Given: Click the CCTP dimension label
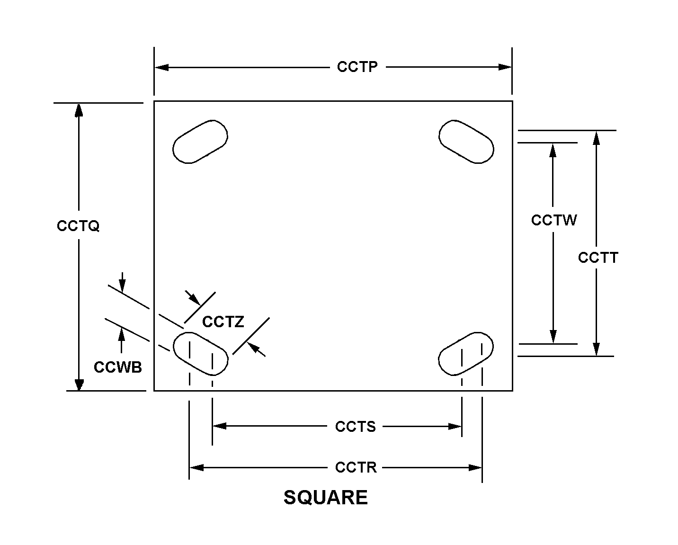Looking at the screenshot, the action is pyautogui.click(x=357, y=67).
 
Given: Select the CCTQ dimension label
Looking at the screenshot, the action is pyautogui.click(x=78, y=226).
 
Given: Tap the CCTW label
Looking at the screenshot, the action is pyautogui.click(x=554, y=220).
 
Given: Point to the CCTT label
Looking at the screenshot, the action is pyautogui.click(x=598, y=258).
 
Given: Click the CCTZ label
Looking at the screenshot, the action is pyautogui.click(x=223, y=322).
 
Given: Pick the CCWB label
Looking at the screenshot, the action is pyautogui.click(x=118, y=367).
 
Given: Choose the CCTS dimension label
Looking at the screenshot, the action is pyautogui.click(x=356, y=427).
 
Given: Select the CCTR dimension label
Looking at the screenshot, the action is pyautogui.click(x=356, y=467).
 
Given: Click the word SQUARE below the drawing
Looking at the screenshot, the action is pyautogui.click(x=326, y=498).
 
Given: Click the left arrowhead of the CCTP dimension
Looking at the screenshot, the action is pyautogui.click(x=161, y=67).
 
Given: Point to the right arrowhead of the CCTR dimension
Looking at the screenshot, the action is pyautogui.click(x=475, y=468).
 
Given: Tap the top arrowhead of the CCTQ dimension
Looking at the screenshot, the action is pyautogui.click(x=79, y=110).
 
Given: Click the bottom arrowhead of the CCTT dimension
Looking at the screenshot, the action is pyautogui.click(x=596, y=349).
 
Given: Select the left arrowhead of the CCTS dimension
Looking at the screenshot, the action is pyautogui.click(x=220, y=426).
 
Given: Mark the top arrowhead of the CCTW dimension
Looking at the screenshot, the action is pyautogui.click(x=553, y=150).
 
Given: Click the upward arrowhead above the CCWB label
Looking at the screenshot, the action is pyautogui.click(x=122, y=334).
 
